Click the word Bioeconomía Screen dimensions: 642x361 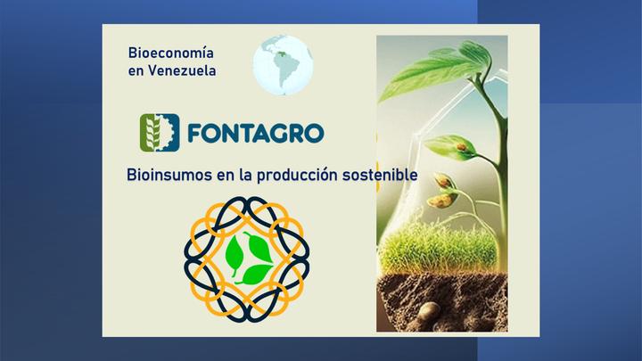click(x=170, y=53)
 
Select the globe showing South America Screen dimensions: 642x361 click(x=283, y=65)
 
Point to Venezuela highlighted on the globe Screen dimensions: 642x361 click(x=280, y=54)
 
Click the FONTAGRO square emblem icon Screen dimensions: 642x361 click(x=160, y=133)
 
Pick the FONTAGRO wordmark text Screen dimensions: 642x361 click(x=256, y=133)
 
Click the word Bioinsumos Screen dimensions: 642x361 click(x=169, y=175)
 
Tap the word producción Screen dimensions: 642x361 click(x=297, y=176)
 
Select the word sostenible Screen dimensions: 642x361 click(x=380, y=175)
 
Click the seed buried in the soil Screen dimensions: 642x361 click(x=429, y=311)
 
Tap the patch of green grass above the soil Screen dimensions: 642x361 click(x=438, y=249)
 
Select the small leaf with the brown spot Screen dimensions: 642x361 click(x=450, y=147)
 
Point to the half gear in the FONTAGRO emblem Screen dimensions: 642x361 click(x=170, y=133)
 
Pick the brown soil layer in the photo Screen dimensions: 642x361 click(x=442, y=302)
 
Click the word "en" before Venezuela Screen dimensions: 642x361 click(x=136, y=71)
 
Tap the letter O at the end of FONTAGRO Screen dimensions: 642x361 click(x=314, y=133)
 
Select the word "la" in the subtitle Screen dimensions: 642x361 click(x=246, y=175)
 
